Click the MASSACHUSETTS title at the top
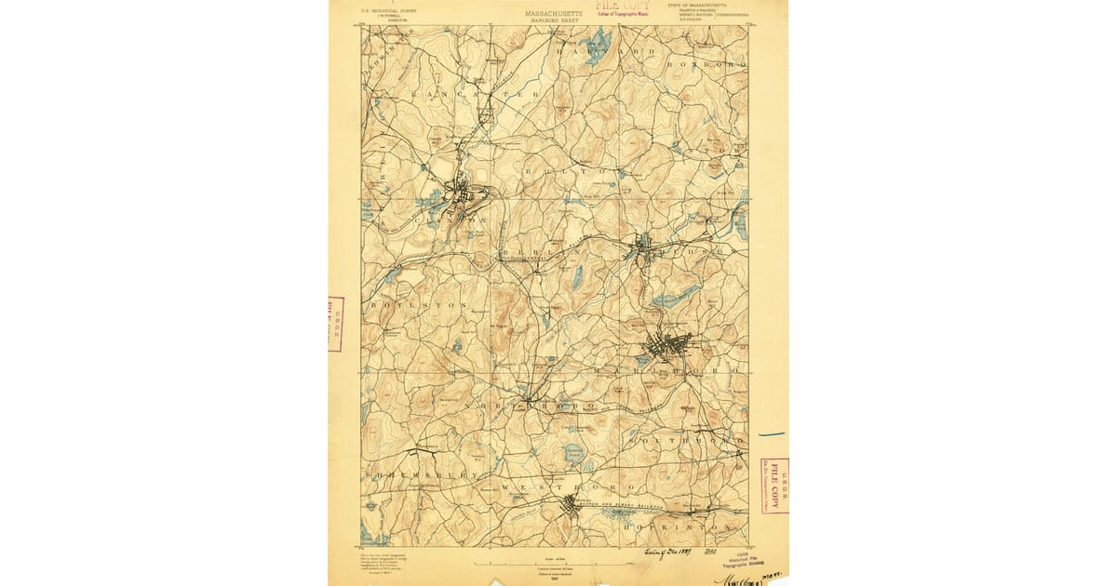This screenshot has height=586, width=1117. (x=554, y=14)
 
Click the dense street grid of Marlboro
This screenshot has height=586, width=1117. (x=666, y=347)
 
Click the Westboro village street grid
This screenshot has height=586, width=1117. (x=571, y=506)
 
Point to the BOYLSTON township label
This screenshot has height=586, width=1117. (x=405, y=305)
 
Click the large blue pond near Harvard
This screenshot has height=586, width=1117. (x=596, y=42)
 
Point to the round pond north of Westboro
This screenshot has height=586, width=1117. (x=573, y=453)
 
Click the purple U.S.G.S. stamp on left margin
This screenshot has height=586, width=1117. (x=335, y=324)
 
